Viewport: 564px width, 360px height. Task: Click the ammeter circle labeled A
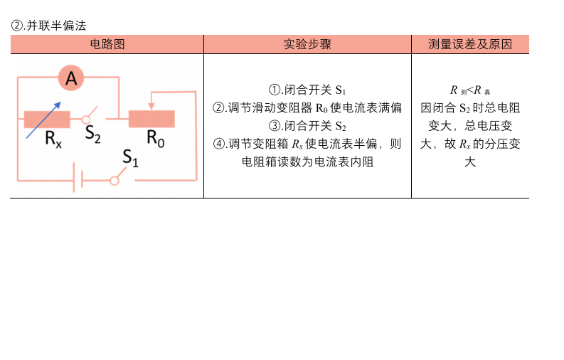[71, 78]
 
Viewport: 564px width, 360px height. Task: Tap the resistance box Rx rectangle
[47, 120]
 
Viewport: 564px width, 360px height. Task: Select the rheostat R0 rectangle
[151, 119]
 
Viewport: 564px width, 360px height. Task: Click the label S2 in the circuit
[92, 134]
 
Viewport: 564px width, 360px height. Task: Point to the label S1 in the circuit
[131, 158]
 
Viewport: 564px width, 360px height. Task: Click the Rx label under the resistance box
[53, 139]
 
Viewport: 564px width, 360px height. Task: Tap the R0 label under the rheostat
[155, 139]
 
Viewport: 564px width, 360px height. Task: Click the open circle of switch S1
[115, 181]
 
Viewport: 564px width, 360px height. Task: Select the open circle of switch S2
[86, 120]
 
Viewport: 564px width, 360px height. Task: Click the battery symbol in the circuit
[78, 178]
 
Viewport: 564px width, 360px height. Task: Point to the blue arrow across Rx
[43, 120]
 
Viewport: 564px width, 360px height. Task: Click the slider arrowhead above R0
[151, 106]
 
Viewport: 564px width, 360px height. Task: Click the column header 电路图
[107, 44]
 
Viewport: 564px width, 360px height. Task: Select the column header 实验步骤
[307, 44]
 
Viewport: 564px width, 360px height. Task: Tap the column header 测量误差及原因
[470, 44]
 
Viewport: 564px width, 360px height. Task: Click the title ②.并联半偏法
[48, 26]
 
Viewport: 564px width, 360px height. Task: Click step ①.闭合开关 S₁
[307, 90]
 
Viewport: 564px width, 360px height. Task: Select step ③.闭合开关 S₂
[307, 126]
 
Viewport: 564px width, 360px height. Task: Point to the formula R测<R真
[470, 90]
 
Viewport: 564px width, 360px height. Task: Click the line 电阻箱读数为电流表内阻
[307, 162]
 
